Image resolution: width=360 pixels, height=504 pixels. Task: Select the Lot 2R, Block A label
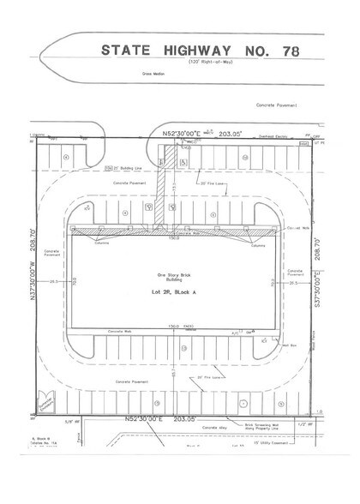174,294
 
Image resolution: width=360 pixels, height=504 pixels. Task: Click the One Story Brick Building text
174,277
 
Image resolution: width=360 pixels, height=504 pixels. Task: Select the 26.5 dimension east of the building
294,281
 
